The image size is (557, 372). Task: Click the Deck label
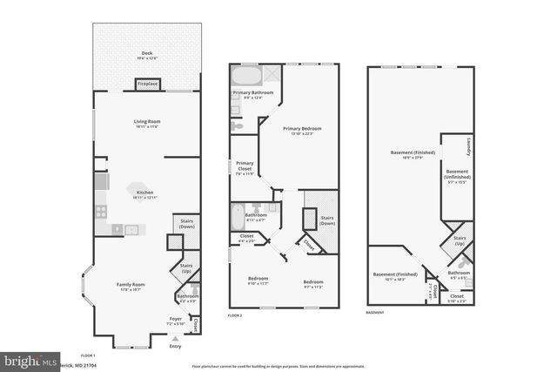[x=147, y=53]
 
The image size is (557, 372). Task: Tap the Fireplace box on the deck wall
[x=147, y=85]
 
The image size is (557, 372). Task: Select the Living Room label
[x=147, y=121]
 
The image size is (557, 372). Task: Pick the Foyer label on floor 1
[x=175, y=320]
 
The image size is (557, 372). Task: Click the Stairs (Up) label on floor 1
[x=186, y=268]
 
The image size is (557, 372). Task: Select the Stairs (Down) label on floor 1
[x=185, y=223]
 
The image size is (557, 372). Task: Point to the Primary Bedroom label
[x=304, y=129]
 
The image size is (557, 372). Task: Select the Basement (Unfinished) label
[x=458, y=178]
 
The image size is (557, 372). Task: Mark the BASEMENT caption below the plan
[x=375, y=312]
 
